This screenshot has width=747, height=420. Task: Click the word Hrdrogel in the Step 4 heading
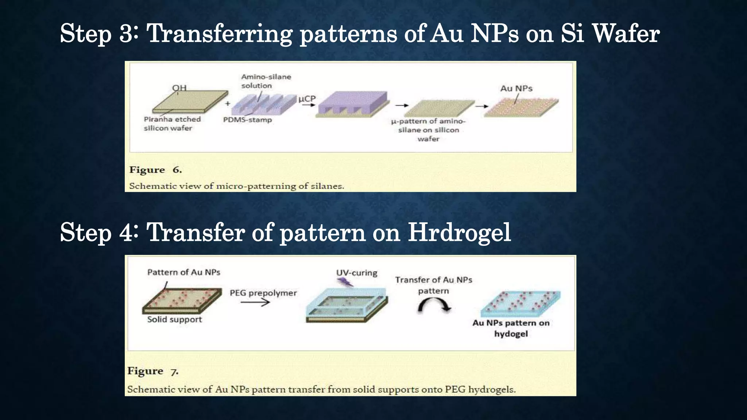459,232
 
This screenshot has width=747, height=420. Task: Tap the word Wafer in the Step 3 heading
626,34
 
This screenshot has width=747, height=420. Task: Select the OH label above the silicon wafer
179,88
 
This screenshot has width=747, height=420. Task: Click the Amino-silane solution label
266,81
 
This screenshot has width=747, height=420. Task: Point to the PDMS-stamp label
247,120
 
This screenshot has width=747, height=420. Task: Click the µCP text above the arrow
307,99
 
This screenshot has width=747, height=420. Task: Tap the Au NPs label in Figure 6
516,89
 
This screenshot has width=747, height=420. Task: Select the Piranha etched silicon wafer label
172,124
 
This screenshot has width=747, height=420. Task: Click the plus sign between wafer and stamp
228,104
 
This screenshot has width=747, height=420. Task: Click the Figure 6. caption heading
155,170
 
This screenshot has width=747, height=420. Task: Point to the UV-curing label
356,273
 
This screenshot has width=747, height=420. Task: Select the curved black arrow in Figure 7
434,305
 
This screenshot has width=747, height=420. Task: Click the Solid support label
174,319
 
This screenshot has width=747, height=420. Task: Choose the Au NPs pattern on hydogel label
511,328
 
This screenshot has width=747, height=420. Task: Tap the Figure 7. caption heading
153,371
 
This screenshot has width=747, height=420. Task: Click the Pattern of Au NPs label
183,272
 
